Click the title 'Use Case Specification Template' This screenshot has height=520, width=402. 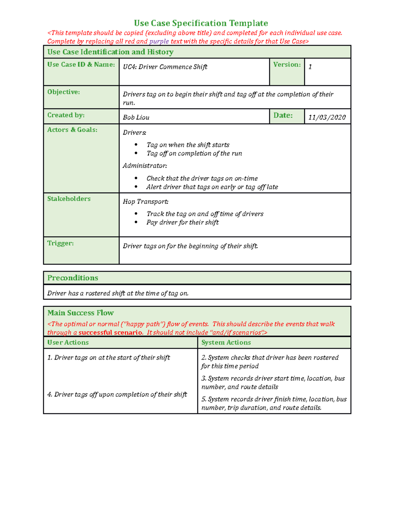coord(201,23)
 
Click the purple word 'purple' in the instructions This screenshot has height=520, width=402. coord(159,42)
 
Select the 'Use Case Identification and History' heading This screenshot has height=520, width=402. coord(110,52)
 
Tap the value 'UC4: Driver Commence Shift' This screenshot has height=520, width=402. coord(165,67)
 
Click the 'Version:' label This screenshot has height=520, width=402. coord(287,65)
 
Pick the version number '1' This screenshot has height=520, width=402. coord(310,67)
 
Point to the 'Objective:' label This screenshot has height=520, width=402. coord(63,92)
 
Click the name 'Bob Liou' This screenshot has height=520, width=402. coord(136,118)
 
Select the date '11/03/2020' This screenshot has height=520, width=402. coord(327,118)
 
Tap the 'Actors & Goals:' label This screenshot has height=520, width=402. coord(72,130)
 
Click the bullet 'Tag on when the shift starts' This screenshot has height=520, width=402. coord(188,145)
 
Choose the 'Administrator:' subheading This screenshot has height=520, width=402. coord(145,166)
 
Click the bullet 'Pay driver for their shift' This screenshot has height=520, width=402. coord(182,222)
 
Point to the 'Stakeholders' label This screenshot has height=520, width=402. coord(69,199)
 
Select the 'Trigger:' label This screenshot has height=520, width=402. coord(60,243)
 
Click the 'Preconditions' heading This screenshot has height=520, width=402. coord(73,278)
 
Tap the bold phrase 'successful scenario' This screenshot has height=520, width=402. coord(110,332)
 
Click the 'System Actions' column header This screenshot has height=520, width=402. coord(226,343)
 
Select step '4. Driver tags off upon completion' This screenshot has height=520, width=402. coord(117,394)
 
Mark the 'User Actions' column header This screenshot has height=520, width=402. coord(68,343)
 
